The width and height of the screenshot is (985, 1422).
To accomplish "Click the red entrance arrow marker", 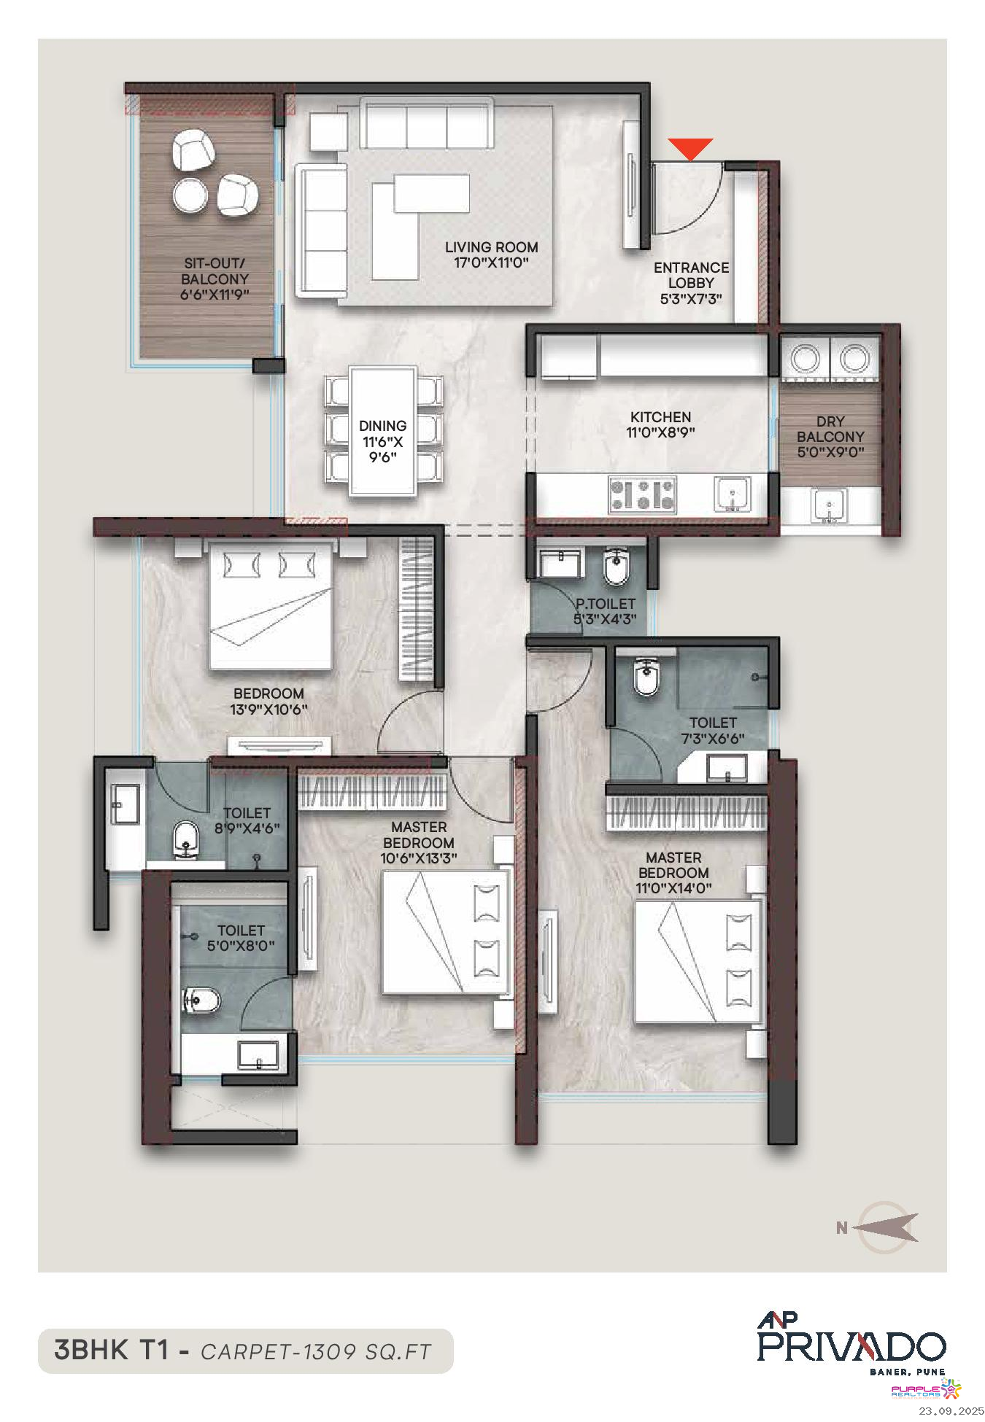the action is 690,149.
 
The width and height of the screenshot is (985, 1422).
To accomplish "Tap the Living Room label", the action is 491,247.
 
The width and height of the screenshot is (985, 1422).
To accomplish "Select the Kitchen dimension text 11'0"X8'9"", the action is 660,432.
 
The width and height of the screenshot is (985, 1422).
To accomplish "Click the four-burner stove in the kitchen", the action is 642,494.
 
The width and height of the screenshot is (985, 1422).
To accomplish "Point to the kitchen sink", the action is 732,495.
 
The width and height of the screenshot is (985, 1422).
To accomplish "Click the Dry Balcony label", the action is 830,429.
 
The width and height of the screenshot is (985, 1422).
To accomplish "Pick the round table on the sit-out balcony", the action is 190,195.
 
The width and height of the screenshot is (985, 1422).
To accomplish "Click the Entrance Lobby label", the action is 691,275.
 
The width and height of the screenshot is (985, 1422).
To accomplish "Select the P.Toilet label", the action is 605,604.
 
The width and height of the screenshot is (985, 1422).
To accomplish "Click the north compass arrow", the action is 885,1227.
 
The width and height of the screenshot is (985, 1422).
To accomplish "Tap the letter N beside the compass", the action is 842,1228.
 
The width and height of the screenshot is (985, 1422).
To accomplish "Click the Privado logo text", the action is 851,1346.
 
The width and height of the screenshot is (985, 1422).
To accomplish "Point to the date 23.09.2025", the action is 951,1411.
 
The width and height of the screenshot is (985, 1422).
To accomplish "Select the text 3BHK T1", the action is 112,1350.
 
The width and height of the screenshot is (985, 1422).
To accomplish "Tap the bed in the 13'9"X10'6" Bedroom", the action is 271,605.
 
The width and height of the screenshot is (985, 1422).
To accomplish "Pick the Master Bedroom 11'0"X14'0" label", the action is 673,873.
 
